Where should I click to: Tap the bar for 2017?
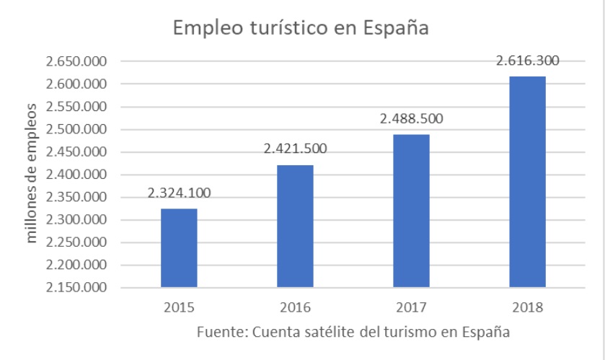411,211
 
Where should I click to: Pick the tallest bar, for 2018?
527,182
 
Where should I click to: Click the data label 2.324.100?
179,193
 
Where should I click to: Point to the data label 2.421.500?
295,149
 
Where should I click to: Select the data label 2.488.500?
411,119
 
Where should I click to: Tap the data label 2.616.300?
527,61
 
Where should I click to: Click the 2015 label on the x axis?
179,307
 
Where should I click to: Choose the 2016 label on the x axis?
295,307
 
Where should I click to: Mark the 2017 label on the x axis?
411,307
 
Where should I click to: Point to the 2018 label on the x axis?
527,307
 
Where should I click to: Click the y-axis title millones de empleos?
32,174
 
